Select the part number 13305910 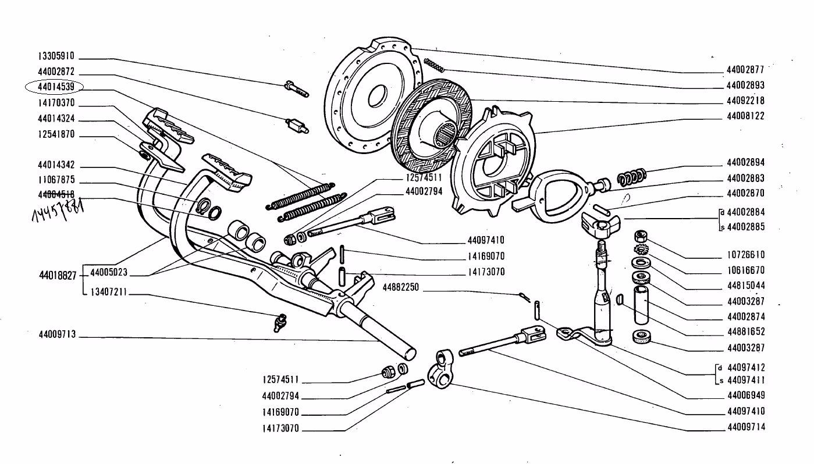tap(56, 57)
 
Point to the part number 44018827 tap(57, 275)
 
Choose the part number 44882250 tap(402, 288)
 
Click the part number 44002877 tap(745, 70)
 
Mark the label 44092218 tap(745, 100)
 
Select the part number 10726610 tap(745, 255)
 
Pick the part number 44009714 tap(745, 427)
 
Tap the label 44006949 tap(745, 395)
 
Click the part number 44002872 tap(56, 72)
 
